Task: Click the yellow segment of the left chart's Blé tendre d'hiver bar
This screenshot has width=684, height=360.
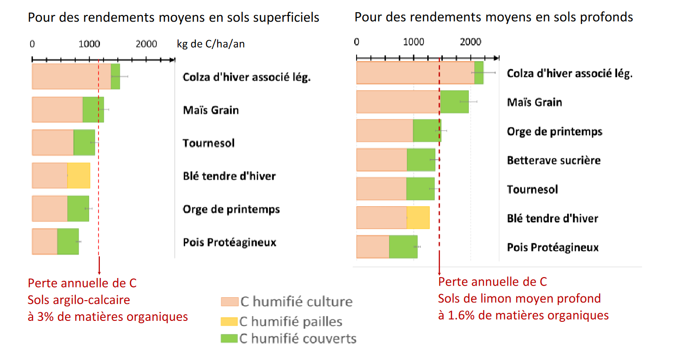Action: click(x=79, y=176)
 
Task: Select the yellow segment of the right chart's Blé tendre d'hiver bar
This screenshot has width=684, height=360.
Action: click(x=418, y=218)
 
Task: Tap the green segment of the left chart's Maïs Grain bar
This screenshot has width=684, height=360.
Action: click(x=93, y=110)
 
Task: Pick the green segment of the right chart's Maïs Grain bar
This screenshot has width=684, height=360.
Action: click(x=454, y=102)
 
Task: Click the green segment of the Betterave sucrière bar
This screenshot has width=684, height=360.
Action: click(x=421, y=160)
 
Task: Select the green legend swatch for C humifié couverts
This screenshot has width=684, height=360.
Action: click(x=229, y=338)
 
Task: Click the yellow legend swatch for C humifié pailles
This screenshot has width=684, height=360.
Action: click(x=229, y=322)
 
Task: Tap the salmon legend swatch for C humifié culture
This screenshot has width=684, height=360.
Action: click(x=229, y=302)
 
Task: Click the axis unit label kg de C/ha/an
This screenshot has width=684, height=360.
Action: click(x=211, y=44)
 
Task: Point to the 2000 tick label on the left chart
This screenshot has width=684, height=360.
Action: click(x=147, y=44)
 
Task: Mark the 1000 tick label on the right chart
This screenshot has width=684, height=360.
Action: click(x=414, y=41)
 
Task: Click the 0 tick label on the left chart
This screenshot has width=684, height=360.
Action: click(x=32, y=44)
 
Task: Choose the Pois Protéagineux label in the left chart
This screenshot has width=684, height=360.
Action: click(x=229, y=242)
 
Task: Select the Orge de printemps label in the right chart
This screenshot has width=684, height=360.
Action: click(x=554, y=131)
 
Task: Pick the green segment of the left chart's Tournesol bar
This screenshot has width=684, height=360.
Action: click(x=84, y=142)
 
